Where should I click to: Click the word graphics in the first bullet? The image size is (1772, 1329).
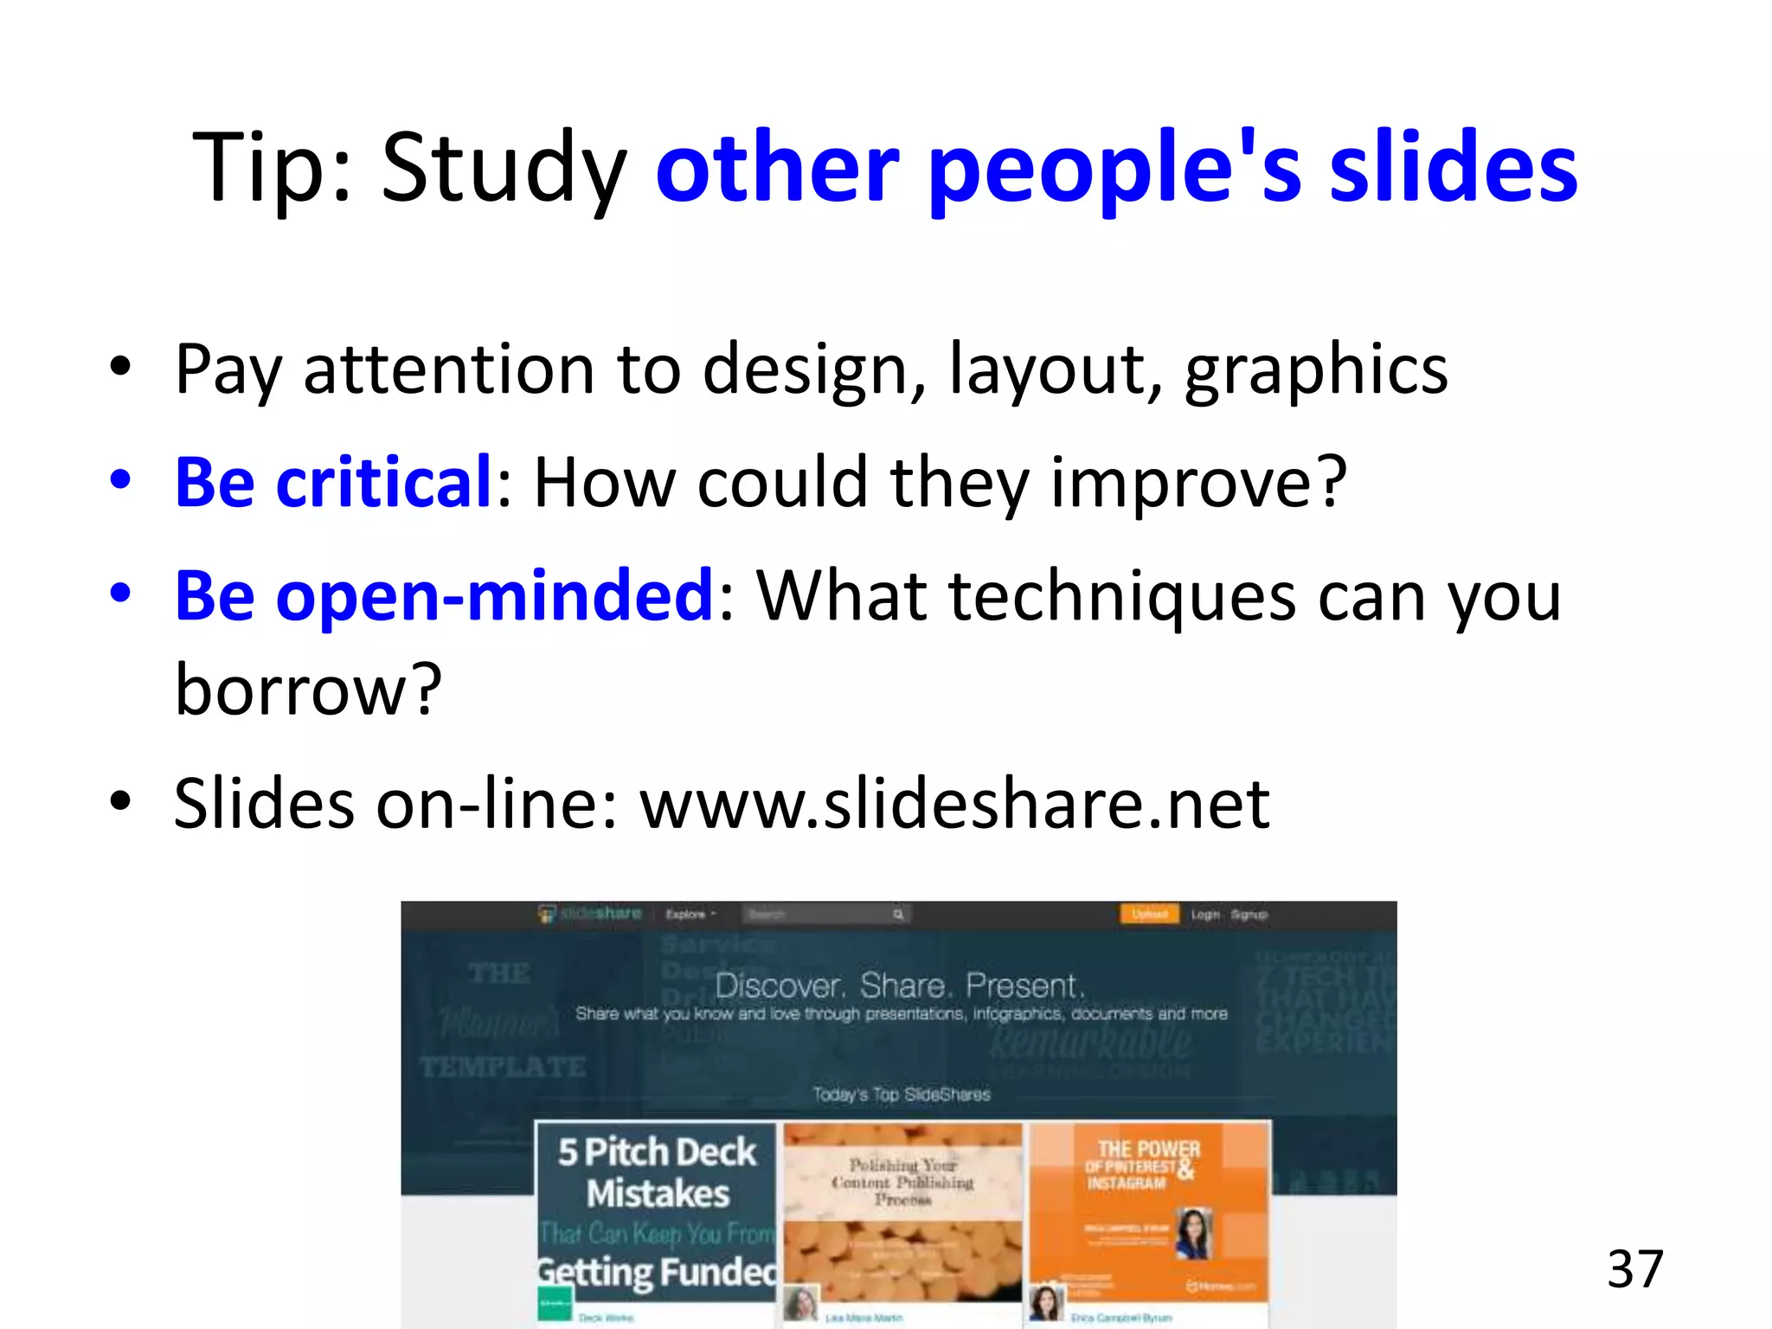click(1316, 370)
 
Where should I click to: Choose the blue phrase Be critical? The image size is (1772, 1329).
click(333, 482)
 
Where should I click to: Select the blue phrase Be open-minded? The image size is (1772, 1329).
click(443, 596)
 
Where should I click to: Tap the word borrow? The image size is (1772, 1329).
click(307, 690)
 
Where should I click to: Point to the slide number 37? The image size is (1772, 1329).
click(1635, 1269)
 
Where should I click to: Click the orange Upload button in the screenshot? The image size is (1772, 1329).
click(1149, 914)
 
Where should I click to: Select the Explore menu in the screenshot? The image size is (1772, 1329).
click(690, 915)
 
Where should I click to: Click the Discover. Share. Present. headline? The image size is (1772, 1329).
click(900, 986)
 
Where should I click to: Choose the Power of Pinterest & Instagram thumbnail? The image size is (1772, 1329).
click(1149, 1211)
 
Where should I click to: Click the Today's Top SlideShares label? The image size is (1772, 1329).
click(901, 1095)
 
